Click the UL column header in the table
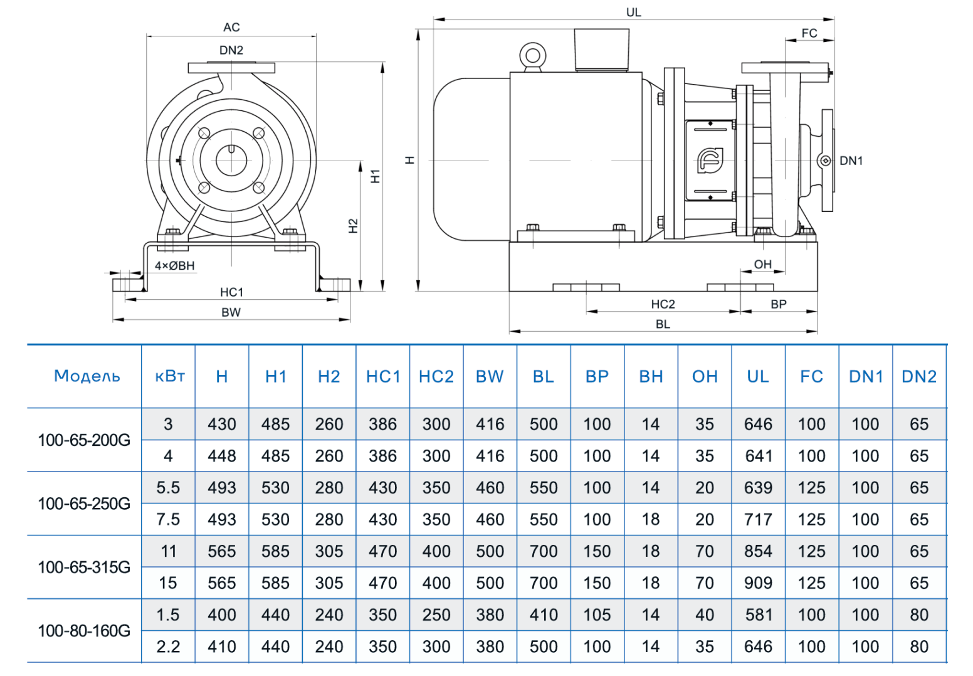pyautogui.click(x=757, y=376)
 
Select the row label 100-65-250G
pyautogui.click(x=84, y=504)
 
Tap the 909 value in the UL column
pyautogui.click(x=757, y=583)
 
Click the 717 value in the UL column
pyautogui.click(x=757, y=519)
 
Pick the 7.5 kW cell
pyautogui.click(x=168, y=519)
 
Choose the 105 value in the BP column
pyautogui.click(x=597, y=615)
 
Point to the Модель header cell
pyautogui.click(x=87, y=376)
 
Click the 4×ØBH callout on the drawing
pyautogui.click(x=174, y=266)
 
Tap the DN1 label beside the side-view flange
pyautogui.click(x=851, y=161)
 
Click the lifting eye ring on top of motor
pyautogui.click(x=533, y=55)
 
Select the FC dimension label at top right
pyautogui.click(x=809, y=33)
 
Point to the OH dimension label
pyautogui.click(x=762, y=265)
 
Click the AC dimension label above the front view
pyautogui.click(x=231, y=28)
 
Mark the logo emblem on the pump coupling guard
pyautogui.click(x=710, y=161)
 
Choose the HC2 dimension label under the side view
pyautogui.click(x=663, y=304)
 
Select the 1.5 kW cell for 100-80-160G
pyautogui.click(x=168, y=615)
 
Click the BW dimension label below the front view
pyautogui.click(x=231, y=312)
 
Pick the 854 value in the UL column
pyautogui.click(x=757, y=551)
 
